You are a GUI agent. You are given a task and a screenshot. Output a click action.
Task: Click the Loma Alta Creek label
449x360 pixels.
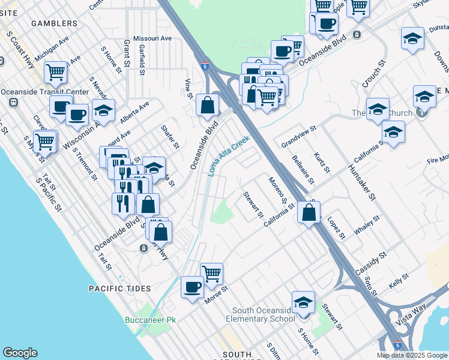[x=229, y=155]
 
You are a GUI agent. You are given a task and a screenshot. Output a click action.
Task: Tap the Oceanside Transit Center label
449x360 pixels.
[x=45, y=92]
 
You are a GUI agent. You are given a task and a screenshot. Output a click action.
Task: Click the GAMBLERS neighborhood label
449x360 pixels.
[x=56, y=23]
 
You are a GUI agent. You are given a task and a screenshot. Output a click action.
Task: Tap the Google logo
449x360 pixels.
[x=20, y=353]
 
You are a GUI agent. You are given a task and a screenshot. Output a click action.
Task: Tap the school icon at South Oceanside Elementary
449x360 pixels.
[x=303, y=302]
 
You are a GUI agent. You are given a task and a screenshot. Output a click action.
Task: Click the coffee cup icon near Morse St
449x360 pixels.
[x=192, y=286]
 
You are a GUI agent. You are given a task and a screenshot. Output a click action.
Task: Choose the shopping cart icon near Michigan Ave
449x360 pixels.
[x=55, y=73]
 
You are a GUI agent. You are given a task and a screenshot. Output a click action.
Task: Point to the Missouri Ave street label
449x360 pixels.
[x=152, y=38]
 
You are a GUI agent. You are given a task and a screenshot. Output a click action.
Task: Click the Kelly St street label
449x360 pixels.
[x=398, y=280]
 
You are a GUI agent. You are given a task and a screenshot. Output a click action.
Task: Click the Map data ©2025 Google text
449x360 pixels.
[x=411, y=355]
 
